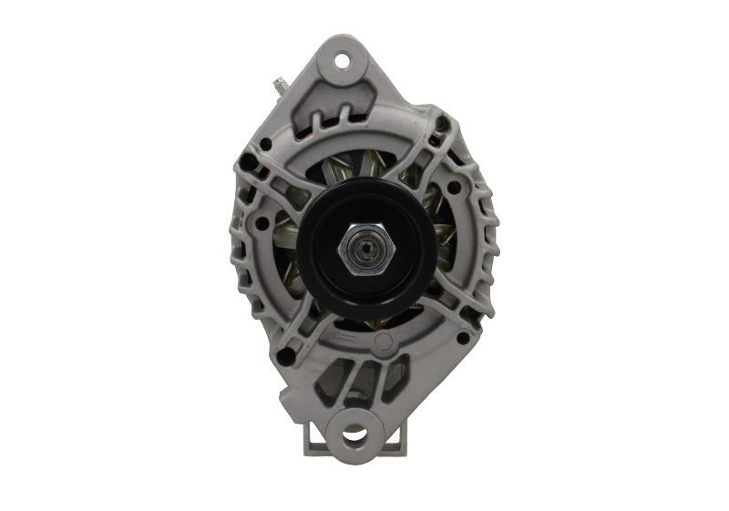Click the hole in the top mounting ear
(x=343, y=61)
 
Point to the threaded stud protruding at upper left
(x=280, y=86)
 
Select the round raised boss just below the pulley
(x=384, y=342)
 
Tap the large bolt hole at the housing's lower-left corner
(x=285, y=356)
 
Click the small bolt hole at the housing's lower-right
(x=463, y=338)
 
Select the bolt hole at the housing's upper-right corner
(x=442, y=124)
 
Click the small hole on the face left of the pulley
(x=262, y=222)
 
